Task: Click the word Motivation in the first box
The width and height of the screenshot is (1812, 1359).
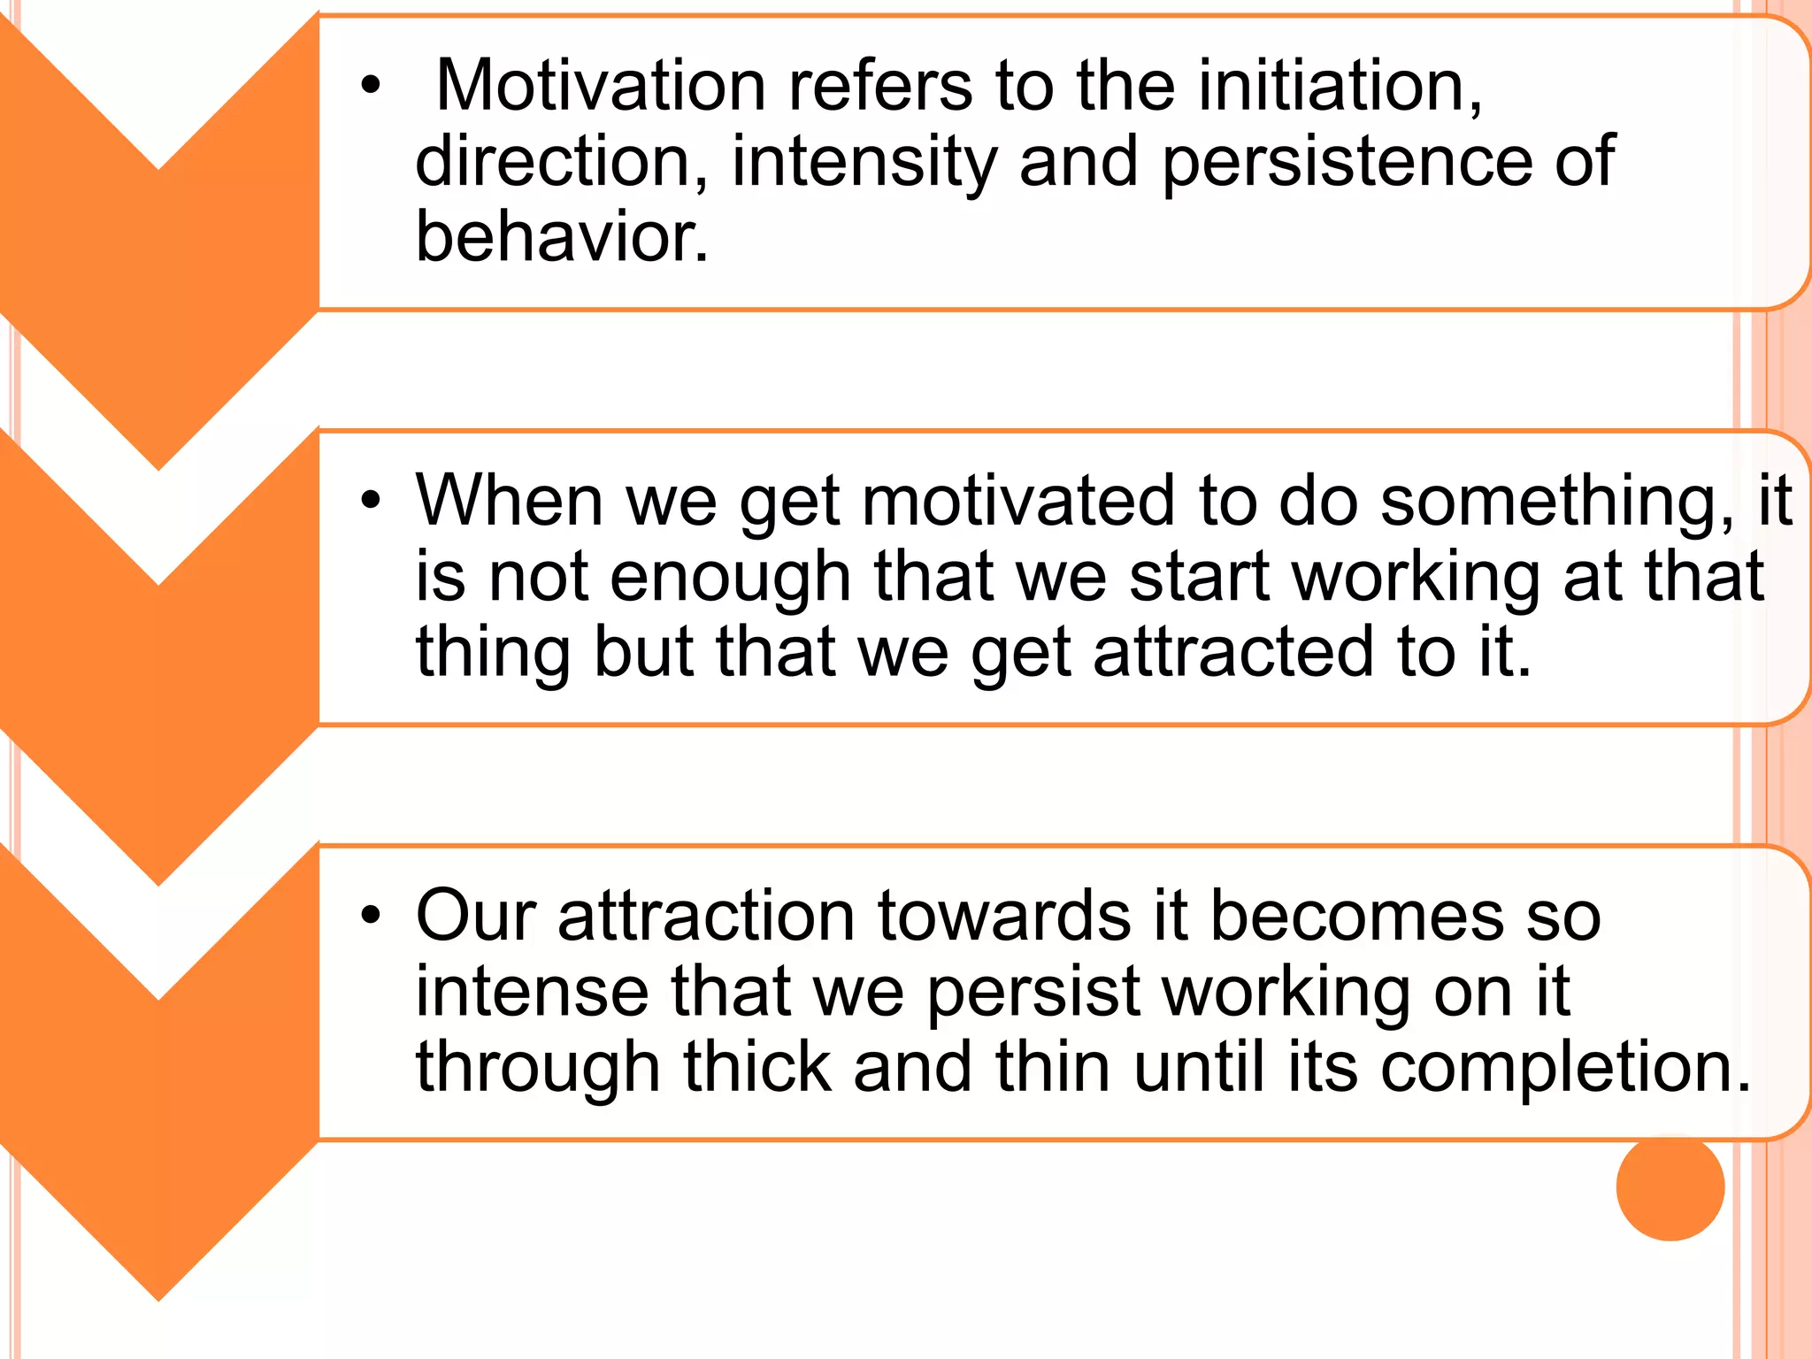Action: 601,86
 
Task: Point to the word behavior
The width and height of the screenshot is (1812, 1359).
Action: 561,237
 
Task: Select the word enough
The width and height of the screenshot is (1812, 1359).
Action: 730,578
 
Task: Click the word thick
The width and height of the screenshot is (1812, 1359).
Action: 756,1066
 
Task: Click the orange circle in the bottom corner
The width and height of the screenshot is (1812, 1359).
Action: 1670,1186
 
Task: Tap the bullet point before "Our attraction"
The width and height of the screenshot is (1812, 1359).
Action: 370,917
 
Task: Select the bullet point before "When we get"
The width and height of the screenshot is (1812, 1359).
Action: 370,502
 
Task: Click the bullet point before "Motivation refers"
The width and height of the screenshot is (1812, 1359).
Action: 370,87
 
